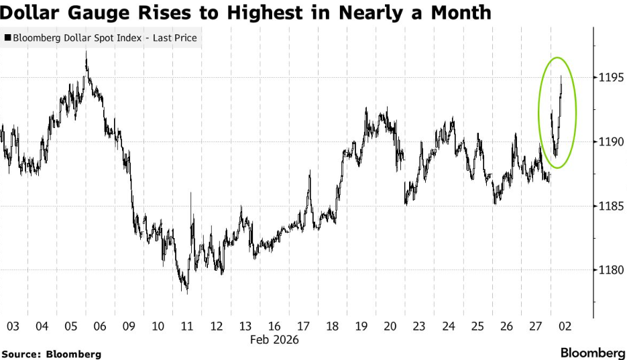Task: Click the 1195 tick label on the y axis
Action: coord(610,77)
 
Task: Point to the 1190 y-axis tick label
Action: coord(610,142)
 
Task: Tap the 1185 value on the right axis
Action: coord(610,206)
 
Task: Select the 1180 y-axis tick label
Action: coord(610,270)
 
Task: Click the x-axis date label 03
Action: coord(13,326)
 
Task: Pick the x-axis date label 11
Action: coord(187,326)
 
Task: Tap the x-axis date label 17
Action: coord(303,326)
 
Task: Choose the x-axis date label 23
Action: coord(419,326)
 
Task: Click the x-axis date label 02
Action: coord(565,326)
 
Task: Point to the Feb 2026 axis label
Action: coord(274,340)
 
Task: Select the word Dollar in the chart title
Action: coord(31,13)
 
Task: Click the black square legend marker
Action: coord(7,38)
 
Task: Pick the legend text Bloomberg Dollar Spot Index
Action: coord(77,38)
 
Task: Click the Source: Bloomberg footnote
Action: coord(52,354)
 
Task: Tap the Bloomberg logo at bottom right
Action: coord(593,353)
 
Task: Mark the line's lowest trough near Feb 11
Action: coord(187,294)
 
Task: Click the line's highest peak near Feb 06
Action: coord(86,52)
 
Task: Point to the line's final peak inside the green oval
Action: coord(561,76)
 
